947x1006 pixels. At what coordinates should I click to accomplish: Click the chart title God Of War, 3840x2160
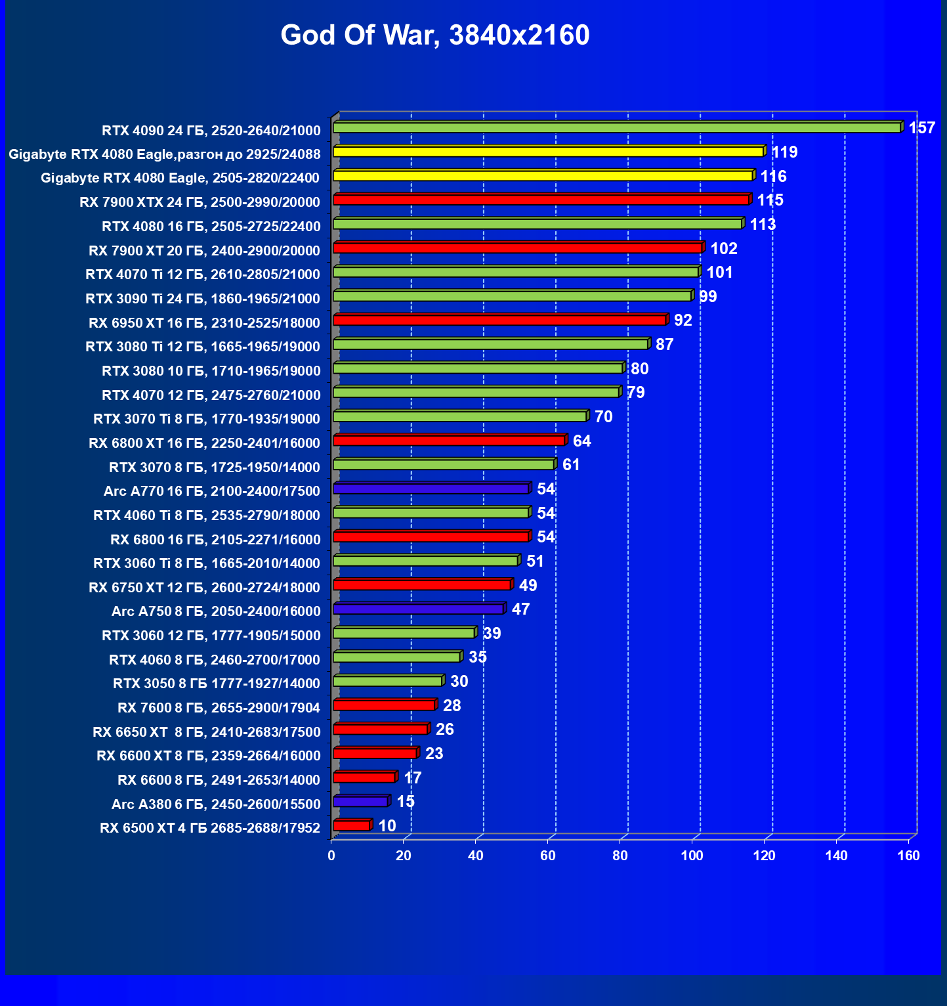[x=435, y=35]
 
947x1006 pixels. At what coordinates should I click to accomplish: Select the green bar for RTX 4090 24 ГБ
[x=617, y=128]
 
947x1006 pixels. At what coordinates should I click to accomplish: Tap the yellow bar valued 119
[x=548, y=152]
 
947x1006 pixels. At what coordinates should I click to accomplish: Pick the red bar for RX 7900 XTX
[x=541, y=200]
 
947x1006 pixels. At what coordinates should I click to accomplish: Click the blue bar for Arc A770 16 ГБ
[x=431, y=489]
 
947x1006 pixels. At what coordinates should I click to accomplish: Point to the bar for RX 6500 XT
[x=352, y=826]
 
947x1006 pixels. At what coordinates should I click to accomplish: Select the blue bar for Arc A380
[x=360, y=802]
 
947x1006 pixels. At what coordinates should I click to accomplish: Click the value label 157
[x=921, y=128]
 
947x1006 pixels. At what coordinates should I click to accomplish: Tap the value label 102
[x=724, y=249]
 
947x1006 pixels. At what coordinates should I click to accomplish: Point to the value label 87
[x=664, y=345]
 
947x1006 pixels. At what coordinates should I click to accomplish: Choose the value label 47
[x=520, y=609]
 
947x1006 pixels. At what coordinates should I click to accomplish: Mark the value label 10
[x=387, y=826]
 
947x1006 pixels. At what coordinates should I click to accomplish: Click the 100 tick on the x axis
[x=692, y=856]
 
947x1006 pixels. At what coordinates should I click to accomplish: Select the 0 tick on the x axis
[x=331, y=856]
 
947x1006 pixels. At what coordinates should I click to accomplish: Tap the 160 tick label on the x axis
[x=908, y=856]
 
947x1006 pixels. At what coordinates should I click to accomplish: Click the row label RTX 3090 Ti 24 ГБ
[x=203, y=299]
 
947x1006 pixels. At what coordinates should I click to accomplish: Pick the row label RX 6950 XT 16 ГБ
[x=204, y=323]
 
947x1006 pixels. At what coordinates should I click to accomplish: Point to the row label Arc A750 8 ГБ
[x=216, y=611]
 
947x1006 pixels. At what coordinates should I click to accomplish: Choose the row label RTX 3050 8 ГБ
[x=217, y=684]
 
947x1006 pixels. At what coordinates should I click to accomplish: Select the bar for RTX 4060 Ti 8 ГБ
[x=431, y=513]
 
